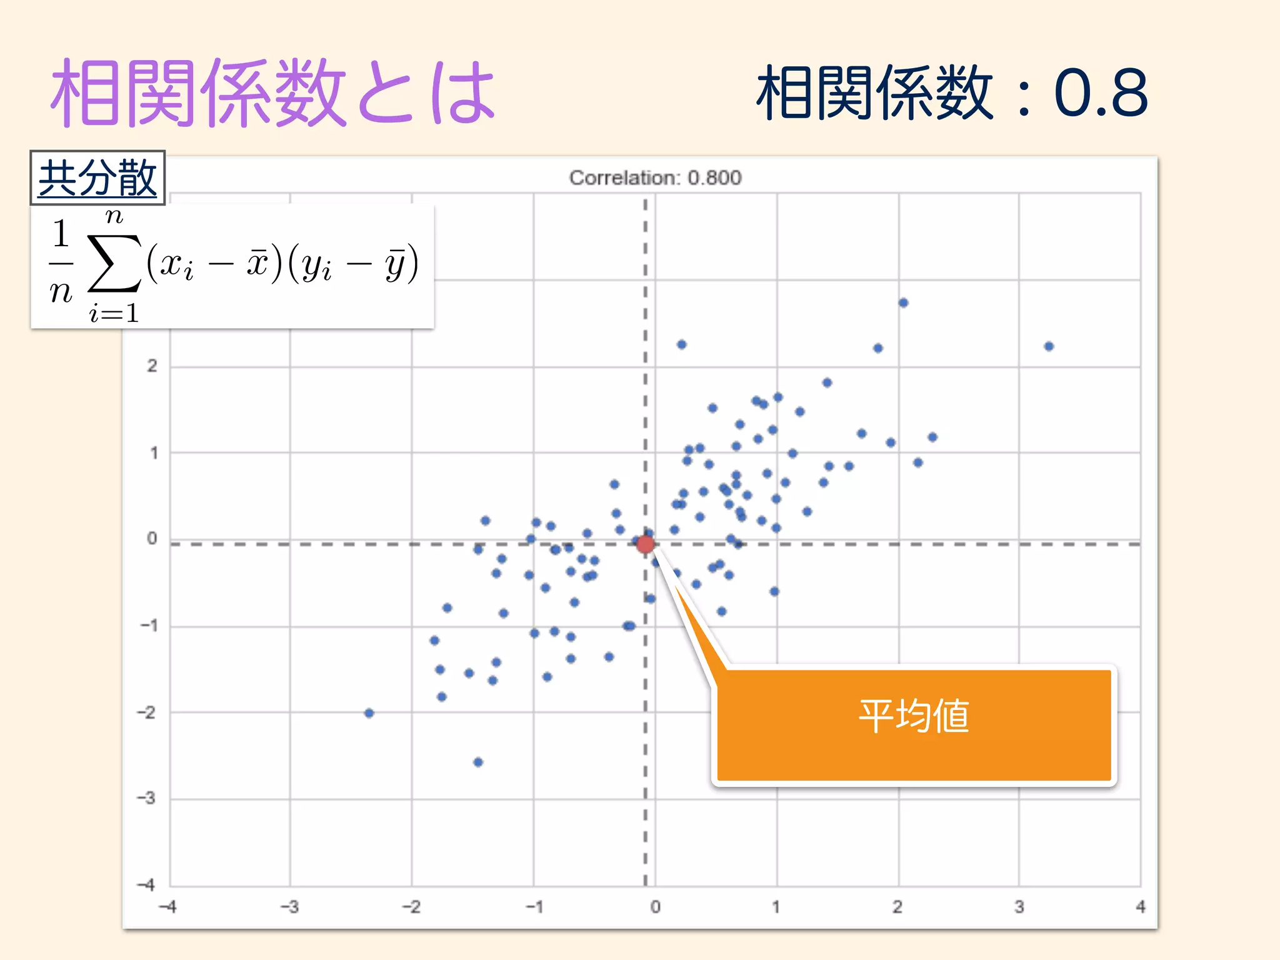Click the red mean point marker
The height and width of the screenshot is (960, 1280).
point(646,544)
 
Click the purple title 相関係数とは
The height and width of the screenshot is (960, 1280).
point(273,94)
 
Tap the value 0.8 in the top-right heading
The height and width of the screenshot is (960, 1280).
point(1101,94)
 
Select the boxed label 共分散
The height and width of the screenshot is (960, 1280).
point(97,178)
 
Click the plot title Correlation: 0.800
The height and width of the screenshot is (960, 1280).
point(655,178)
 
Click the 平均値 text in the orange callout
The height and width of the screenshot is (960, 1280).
point(913,716)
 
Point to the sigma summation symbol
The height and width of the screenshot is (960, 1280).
point(114,262)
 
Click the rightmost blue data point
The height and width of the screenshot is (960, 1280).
point(1049,346)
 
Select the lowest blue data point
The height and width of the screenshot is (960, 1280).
point(478,762)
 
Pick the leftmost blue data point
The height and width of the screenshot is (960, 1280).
point(369,713)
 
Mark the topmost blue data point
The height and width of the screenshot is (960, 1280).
point(903,303)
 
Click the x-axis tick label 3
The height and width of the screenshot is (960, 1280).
point(1019,907)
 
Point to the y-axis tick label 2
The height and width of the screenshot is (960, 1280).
point(152,366)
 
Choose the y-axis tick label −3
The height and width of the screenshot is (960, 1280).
point(147,798)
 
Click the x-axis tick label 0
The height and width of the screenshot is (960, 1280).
point(655,907)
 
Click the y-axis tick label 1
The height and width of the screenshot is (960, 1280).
point(153,452)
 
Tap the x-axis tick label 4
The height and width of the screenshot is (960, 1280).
point(1141,907)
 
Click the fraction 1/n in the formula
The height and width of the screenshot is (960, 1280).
point(61,262)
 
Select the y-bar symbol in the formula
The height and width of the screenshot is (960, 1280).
point(395,264)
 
